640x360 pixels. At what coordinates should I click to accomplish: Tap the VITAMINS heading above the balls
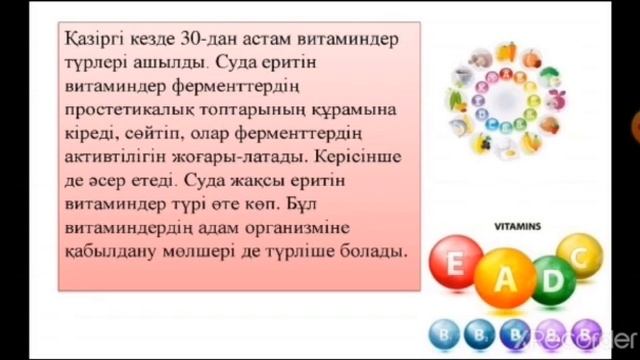[x=518, y=227]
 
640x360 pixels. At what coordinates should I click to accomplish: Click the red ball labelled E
[x=456, y=266]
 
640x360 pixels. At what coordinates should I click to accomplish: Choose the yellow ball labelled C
[x=578, y=256]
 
